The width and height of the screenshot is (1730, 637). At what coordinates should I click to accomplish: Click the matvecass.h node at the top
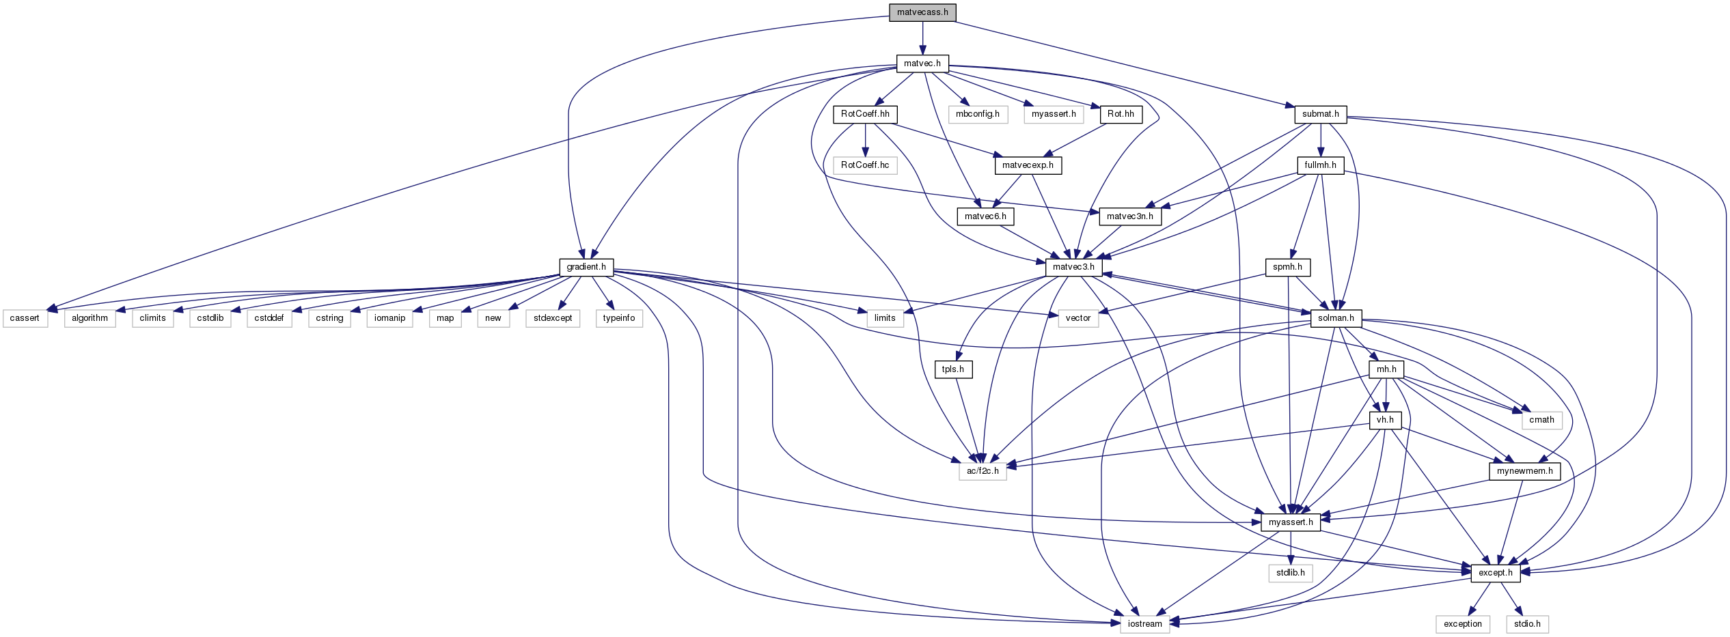[x=922, y=12]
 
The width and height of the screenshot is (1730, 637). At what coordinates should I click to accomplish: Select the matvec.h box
[x=922, y=63]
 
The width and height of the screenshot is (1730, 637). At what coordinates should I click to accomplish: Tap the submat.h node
[x=1320, y=114]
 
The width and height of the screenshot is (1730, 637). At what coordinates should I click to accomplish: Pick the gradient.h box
[x=586, y=267]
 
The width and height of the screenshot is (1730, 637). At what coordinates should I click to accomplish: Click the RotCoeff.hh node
[x=865, y=114]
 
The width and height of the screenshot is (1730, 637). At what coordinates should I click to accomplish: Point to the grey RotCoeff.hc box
[x=865, y=165]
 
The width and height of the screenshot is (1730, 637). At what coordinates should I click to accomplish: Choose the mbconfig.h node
[x=977, y=114]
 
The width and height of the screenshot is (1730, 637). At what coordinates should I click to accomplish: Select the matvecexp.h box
[x=1028, y=165]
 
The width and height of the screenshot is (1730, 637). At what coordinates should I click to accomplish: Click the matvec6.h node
[x=985, y=216]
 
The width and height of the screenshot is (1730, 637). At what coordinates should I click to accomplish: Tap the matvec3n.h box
[x=1130, y=216]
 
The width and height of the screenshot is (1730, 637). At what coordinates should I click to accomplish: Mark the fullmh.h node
[x=1320, y=165]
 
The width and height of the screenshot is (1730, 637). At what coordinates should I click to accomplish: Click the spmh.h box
[x=1287, y=267]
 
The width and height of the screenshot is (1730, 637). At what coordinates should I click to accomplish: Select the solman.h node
[x=1336, y=318]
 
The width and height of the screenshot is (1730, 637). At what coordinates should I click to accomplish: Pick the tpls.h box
[x=953, y=369]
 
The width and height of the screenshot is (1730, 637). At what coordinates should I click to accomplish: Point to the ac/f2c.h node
[x=983, y=471]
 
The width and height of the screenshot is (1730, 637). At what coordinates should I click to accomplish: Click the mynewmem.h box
[x=1524, y=471]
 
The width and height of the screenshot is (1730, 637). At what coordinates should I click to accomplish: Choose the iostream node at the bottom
[x=1144, y=624]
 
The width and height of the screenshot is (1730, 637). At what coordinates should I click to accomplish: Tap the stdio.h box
[x=1527, y=624]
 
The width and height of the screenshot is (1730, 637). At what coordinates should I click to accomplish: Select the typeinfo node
[x=619, y=318]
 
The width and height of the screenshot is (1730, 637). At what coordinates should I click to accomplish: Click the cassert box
[x=25, y=318]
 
